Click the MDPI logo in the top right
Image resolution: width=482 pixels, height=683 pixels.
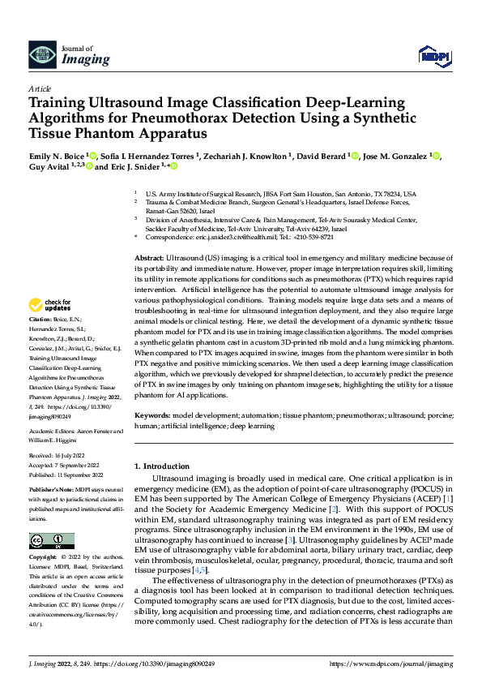pos(433,55)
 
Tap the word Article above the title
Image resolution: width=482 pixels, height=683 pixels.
pos(39,88)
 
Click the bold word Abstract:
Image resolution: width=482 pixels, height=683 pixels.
pos(151,256)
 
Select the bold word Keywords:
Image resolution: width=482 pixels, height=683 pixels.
pos(155,415)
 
